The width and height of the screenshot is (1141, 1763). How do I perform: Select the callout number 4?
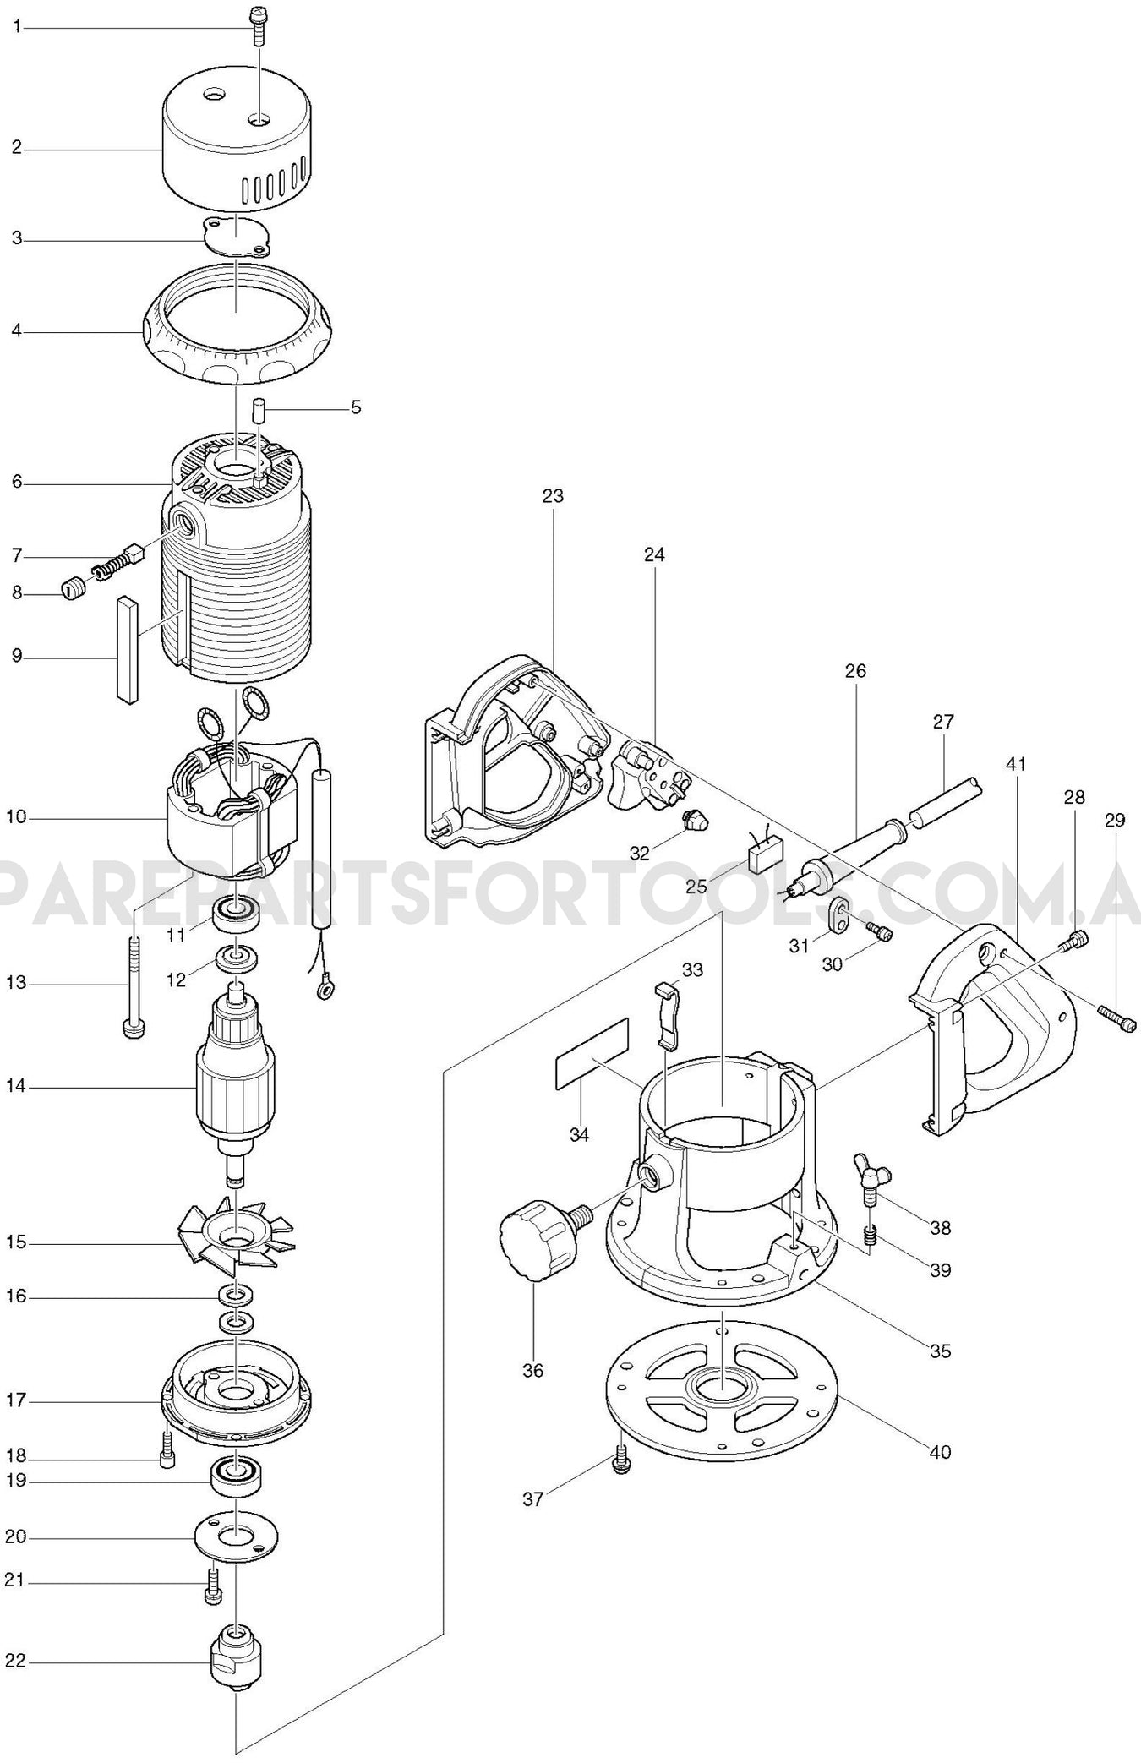click(x=16, y=330)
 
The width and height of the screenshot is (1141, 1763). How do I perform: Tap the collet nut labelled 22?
click(x=236, y=1660)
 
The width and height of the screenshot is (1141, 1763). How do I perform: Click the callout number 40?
click(x=940, y=1452)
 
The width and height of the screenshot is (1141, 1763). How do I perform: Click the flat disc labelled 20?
click(x=236, y=1536)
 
